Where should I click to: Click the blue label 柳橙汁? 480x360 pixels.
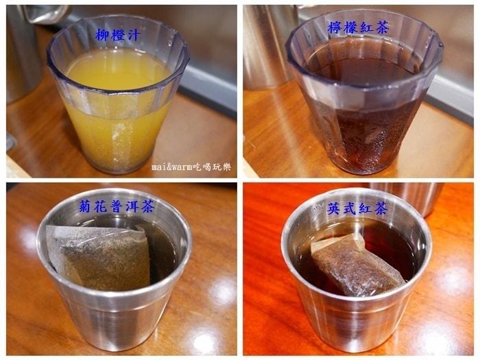tap(118, 35)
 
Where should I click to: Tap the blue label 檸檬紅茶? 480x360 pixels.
tap(358, 27)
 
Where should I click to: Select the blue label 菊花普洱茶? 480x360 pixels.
tap(117, 206)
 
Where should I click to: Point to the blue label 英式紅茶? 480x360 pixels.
tap(357, 208)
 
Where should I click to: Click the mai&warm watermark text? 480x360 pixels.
tap(191, 167)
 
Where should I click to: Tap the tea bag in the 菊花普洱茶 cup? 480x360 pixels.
tap(99, 257)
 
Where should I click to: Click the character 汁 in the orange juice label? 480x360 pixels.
tap(134, 35)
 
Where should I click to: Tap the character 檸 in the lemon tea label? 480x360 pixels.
tap(335, 27)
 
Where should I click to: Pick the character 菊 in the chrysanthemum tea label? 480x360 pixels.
tap(86, 206)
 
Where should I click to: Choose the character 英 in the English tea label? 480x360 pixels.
tap(334, 208)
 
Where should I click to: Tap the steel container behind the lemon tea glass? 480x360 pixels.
tap(266, 46)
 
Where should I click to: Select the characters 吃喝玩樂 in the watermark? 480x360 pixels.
tap(213, 167)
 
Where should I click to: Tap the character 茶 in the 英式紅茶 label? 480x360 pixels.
tap(381, 208)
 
